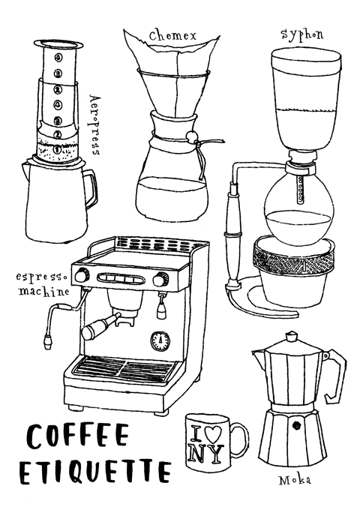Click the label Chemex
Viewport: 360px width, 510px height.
[x=172, y=35]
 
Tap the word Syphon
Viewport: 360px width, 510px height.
[x=302, y=35]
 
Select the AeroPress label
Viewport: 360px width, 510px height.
[x=94, y=125]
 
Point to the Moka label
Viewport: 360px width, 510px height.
[x=295, y=480]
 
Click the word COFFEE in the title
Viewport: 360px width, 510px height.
[x=78, y=436]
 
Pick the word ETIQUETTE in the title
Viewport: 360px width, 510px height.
[x=95, y=471]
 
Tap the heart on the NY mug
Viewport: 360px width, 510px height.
[x=214, y=432]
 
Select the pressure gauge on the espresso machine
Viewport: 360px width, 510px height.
[x=160, y=340]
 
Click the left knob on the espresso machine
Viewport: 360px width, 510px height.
[x=81, y=275]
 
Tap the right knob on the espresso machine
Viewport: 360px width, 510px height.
[x=159, y=279]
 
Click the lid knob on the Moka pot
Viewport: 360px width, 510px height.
[x=291, y=335]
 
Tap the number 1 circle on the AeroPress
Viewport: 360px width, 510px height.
[x=57, y=149]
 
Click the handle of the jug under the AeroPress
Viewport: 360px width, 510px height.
[x=91, y=190]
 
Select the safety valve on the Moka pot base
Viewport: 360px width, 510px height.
[x=295, y=424]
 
